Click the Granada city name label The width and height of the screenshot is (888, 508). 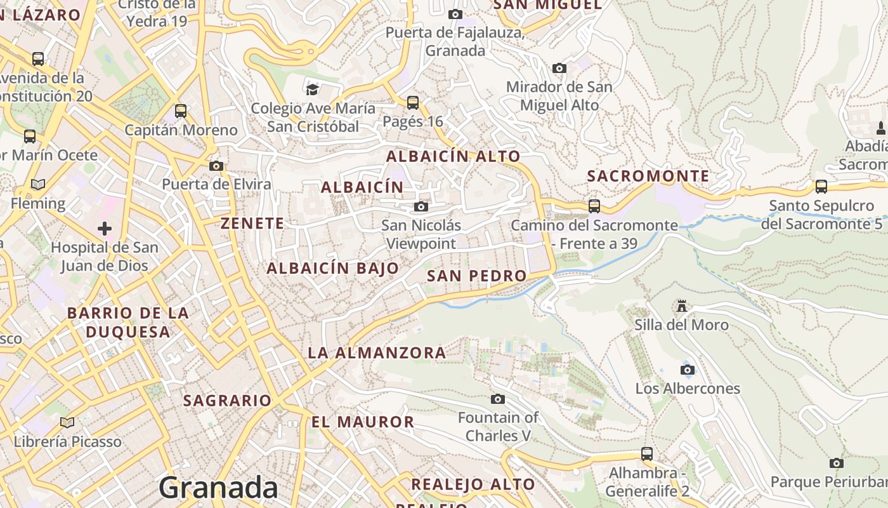[x=218, y=488]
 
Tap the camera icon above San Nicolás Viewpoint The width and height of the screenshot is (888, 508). [x=421, y=206]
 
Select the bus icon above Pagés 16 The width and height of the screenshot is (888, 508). [x=413, y=102]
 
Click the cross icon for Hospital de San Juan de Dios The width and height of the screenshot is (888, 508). [x=105, y=228]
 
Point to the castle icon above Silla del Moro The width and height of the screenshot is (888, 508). [x=682, y=306]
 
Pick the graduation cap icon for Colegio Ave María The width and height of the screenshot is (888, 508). [x=312, y=89]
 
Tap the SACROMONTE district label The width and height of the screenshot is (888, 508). [x=648, y=176]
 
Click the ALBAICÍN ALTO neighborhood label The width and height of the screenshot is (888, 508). [x=453, y=156]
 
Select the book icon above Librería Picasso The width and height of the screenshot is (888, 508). [x=67, y=422]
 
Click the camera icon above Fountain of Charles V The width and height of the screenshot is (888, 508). [x=498, y=399]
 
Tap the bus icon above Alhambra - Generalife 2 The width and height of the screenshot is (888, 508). [x=647, y=454]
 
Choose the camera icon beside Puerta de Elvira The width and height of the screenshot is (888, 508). [x=216, y=166]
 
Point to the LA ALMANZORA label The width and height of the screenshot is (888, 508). [x=377, y=353]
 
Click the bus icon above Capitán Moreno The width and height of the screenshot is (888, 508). [x=181, y=111]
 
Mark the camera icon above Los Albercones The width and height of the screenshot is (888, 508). [x=687, y=370]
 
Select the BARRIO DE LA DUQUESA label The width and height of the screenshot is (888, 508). [x=128, y=322]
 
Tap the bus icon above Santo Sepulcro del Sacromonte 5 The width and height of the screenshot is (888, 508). [x=821, y=187]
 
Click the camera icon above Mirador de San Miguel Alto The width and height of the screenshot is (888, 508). [x=559, y=68]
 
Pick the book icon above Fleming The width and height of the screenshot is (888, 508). [x=38, y=185]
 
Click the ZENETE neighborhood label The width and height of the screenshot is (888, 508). [x=252, y=224]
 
